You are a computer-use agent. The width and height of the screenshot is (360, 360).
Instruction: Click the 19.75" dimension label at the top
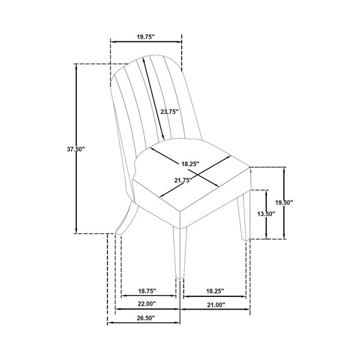pyautogui.click(x=146, y=37)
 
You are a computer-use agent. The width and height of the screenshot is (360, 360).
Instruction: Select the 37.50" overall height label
pyautogui.click(x=76, y=149)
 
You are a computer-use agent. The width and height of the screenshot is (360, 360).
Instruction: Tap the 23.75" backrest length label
pyautogui.click(x=169, y=112)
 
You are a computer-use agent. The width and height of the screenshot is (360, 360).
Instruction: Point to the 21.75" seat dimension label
pyautogui.click(x=183, y=180)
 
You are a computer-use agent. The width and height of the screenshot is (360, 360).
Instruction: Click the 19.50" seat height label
pyautogui.click(x=284, y=203)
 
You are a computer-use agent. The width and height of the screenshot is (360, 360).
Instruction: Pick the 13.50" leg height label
pyautogui.click(x=266, y=214)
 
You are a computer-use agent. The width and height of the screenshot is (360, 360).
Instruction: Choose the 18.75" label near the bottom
pyautogui.click(x=147, y=291)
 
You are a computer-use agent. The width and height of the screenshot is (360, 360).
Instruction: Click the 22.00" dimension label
pyautogui.click(x=147, y=304)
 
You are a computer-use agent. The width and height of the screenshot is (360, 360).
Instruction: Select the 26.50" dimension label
pyautogui.click(x=146, y=318)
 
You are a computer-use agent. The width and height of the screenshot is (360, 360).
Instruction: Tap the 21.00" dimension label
pyautogui.click(x=216, y=305)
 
